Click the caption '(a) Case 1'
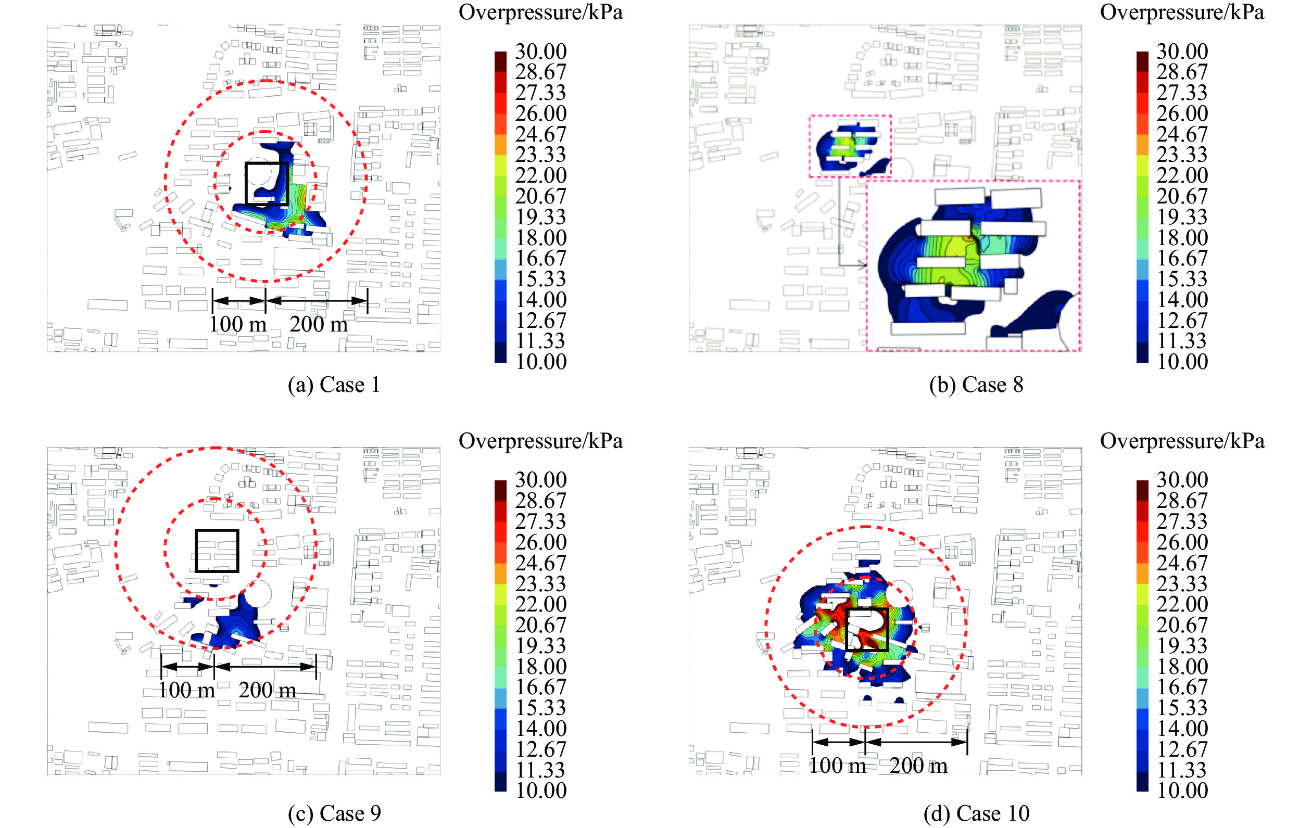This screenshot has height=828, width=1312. coord(333,385)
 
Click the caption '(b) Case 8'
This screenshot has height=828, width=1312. coord(976,385)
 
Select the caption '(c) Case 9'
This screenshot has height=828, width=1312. coord(334,813)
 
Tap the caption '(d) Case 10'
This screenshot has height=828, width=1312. coord(976,813)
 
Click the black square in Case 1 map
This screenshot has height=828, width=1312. coord(267,184)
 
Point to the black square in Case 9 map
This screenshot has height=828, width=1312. coord(217,551)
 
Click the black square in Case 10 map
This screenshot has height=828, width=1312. coord(867,630)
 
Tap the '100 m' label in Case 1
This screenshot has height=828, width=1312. coord(237,325)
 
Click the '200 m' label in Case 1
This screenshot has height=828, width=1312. coord(318,325)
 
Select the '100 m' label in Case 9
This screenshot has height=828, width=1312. coord(186,690)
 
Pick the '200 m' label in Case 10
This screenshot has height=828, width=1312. coord(918,766)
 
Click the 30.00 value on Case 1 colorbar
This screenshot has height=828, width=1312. coord(540,52)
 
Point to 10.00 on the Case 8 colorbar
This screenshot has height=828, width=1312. coord(1182,362)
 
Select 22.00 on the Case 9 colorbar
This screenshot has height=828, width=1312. coord(540,604)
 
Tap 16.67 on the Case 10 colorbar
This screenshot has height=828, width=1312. coord(1182,687)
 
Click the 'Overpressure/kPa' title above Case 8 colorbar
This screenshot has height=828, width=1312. coord(1182,12)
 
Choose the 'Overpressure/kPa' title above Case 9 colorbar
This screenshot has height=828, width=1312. coord(540,441)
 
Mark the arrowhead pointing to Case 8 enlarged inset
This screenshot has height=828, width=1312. coord(863,265)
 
